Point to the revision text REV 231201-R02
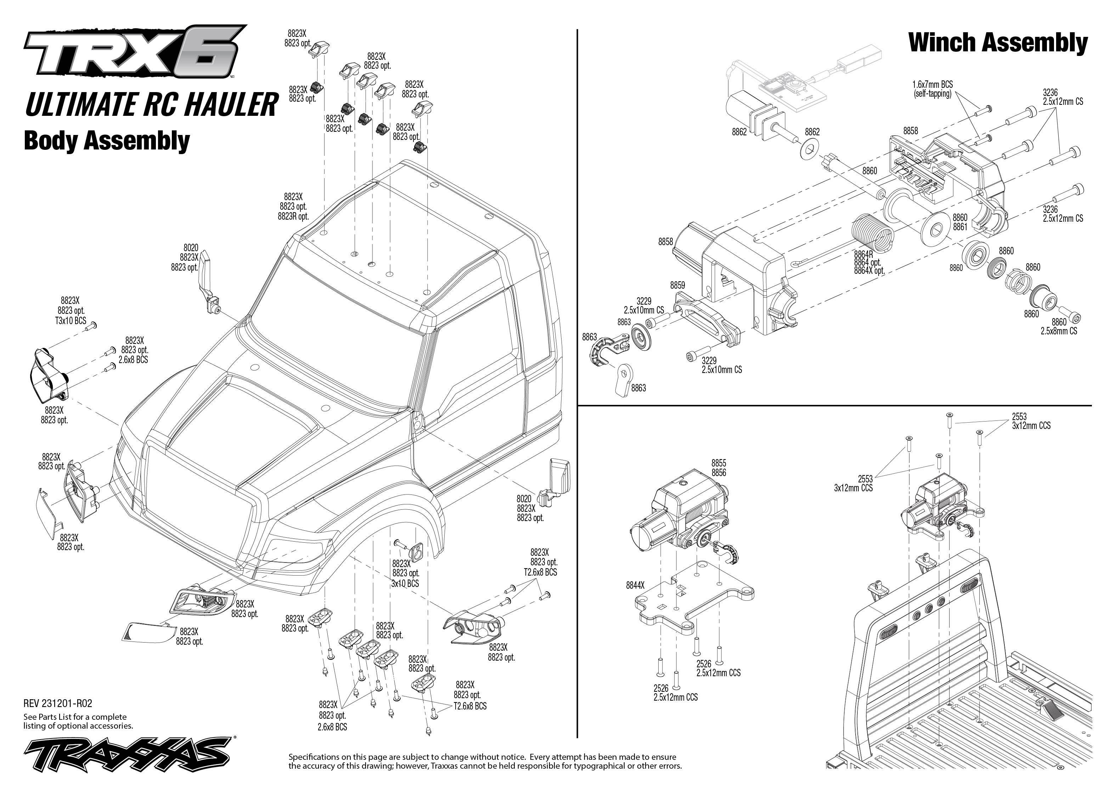point(58,703)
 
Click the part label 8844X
point(635,585)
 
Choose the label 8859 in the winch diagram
point(677,285)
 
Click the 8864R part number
point(863,254)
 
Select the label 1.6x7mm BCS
point(932,85)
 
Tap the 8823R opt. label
point(293,216)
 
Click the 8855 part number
point(718,463)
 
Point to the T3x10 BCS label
point(70,321)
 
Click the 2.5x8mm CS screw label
point(1059,331)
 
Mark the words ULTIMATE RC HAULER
point(151,104)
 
